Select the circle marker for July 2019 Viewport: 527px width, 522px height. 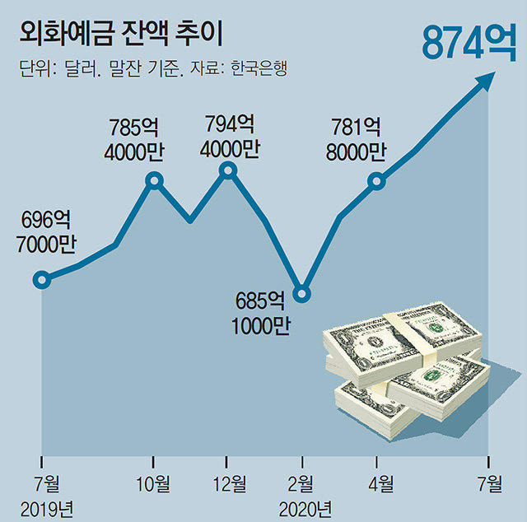coord(41,280)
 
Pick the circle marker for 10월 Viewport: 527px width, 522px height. coord(153,180)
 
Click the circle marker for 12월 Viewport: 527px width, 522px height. coord(228,171)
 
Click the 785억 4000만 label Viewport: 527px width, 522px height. coord(137,140)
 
